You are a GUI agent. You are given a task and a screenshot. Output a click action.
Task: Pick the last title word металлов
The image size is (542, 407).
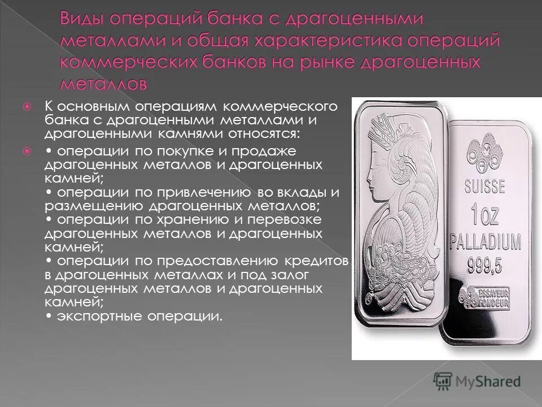click(x=105, y=84)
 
